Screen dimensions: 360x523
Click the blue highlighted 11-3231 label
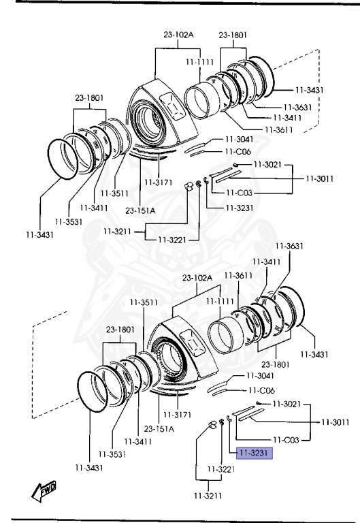tap(255, 453)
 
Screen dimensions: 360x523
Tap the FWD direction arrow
tap(44, 491)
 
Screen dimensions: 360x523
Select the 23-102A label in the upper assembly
tap(178, 34)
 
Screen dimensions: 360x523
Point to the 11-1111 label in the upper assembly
tap(199, 62)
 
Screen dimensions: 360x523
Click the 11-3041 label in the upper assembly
tap(240, 139)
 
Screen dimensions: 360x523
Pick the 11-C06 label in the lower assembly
tap(262, 390)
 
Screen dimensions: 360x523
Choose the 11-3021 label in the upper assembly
tap(267, 164)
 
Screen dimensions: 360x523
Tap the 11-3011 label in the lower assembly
tap(336, 422)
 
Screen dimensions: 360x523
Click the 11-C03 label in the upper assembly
tap(239, 193)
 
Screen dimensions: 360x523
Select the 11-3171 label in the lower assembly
tap(177, 415)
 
